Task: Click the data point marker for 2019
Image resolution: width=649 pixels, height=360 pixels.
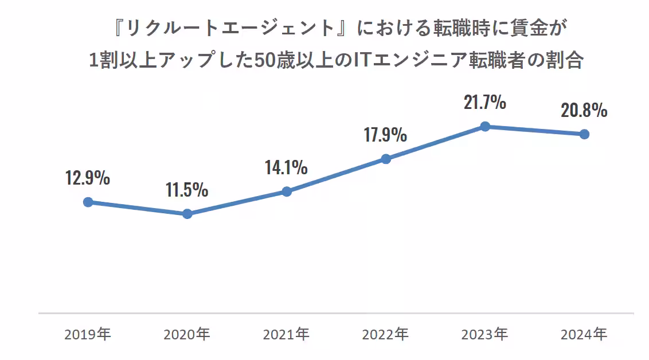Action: coord(88,202)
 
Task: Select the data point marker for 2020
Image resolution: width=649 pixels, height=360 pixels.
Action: coord(187,214)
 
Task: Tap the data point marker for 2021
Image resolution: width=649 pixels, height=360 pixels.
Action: coord(287,191)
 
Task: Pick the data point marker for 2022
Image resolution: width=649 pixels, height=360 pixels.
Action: coord(386,159)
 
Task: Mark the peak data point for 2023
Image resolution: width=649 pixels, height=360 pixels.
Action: coord(485,126)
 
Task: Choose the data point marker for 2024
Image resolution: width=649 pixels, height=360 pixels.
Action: coord(584,134)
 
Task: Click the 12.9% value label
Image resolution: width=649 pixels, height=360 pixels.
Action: coord(88,178)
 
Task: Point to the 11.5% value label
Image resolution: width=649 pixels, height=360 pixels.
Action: coord(187,190)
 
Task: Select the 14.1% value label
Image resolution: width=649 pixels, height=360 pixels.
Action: coord(286,167)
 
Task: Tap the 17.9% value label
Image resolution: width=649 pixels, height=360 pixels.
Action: coord(385,135)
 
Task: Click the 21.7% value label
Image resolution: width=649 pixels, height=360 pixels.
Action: coord(485,103)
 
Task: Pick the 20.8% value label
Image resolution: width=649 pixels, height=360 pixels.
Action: coord(584,111)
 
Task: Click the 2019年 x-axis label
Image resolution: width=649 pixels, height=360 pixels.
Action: coord(88,334)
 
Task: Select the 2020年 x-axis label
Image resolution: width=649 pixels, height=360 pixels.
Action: coord(187,334)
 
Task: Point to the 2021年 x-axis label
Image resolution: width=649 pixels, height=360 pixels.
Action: coord(286,334)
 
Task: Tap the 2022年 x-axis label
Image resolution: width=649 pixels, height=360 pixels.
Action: coord(386,334)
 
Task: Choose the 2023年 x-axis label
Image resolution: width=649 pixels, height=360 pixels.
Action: coord(485,334)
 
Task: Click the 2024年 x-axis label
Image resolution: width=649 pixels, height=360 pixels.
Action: coord(584,334)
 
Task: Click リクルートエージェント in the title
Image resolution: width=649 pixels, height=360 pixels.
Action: coord(229,27)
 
